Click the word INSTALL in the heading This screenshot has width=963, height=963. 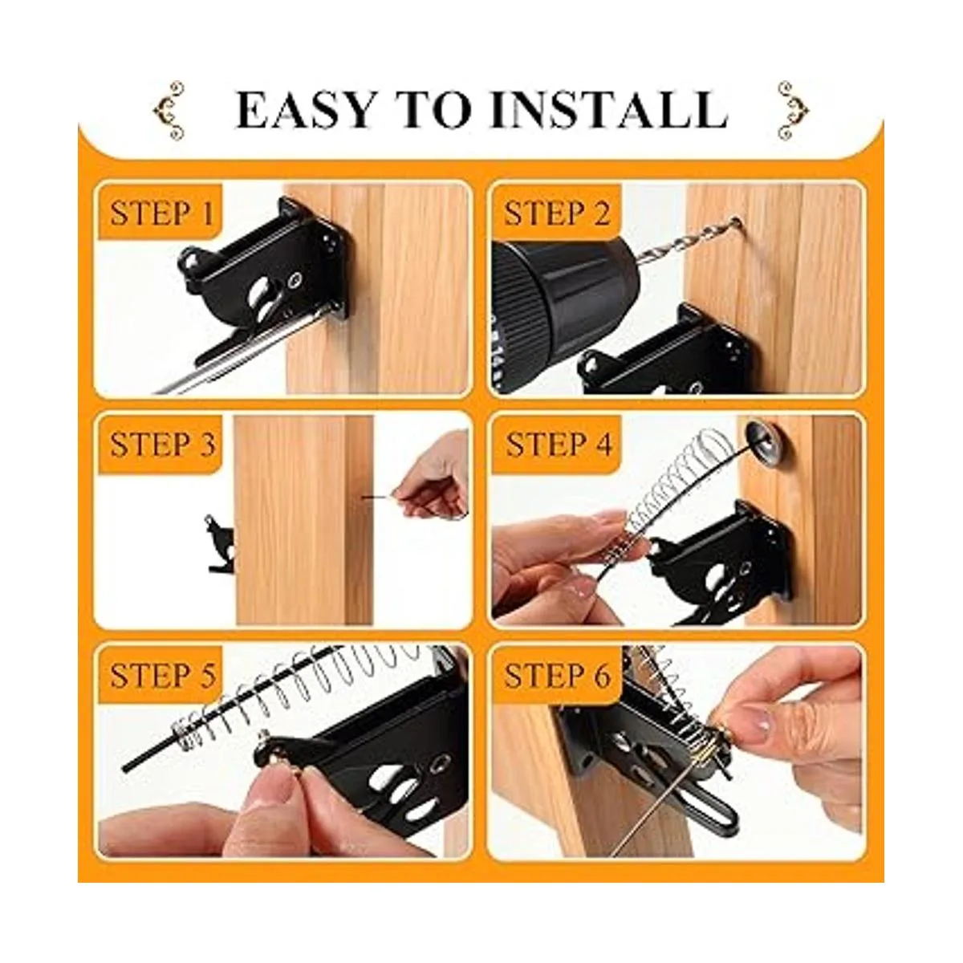pos(608,111)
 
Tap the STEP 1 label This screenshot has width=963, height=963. pos(161,213)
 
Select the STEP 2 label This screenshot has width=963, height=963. pos(556,213)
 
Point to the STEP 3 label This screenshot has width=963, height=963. pos(162,444)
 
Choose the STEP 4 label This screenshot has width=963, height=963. pos(559,444)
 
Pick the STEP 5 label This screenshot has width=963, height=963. pos(162,675)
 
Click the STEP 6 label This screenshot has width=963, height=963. pos(557,675)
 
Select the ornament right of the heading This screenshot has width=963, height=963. pos(793,111)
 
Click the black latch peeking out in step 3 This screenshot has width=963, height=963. pos(221,545)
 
